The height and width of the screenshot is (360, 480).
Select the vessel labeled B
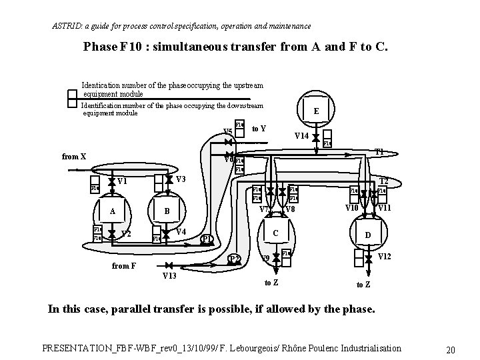coord(167,211)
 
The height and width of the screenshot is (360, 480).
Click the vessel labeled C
coord(276,233)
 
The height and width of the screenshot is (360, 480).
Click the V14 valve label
coord(301,136)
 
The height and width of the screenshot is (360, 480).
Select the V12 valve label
coord(385,257)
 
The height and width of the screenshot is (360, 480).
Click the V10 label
coord(352,209)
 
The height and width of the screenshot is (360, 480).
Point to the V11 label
coord(385,209)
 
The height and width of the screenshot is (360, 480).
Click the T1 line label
coord(379,151)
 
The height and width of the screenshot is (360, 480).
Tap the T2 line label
coord(384,181)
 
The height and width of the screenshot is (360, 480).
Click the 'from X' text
coord(74,157)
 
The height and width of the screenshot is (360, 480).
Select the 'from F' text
coord(124,266)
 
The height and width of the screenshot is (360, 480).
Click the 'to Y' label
coord(260,128)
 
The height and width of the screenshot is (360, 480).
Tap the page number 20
coord(451,351)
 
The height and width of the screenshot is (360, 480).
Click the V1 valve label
coord(122,181)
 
